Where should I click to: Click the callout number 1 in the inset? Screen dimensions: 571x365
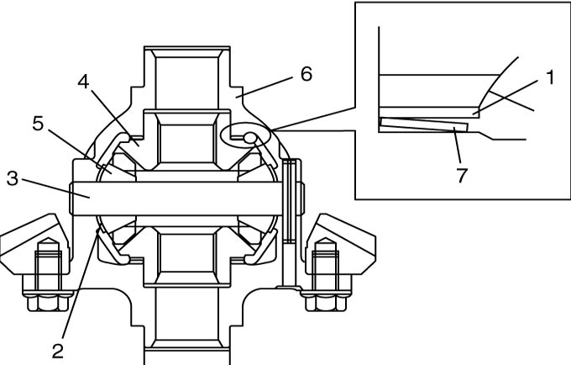pyautogui.click(x=550, y=77)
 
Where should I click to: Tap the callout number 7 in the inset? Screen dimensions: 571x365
pyautogui.click(x=461, y=175)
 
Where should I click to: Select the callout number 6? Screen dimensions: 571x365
pyautogui.click(x=306, y=74)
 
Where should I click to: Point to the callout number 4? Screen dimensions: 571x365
pyautogui.click(x=83, y=82)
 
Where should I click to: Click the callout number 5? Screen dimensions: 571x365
pyautogui.click(x=38, y=124)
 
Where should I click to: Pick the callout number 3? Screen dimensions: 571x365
pyautogui.click(x=12, y=178)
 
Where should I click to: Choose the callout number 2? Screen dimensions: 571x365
pyautogui.click(x=58, y=351)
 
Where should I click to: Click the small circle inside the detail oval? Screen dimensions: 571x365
pyautogui.click(x=250, y=137)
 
